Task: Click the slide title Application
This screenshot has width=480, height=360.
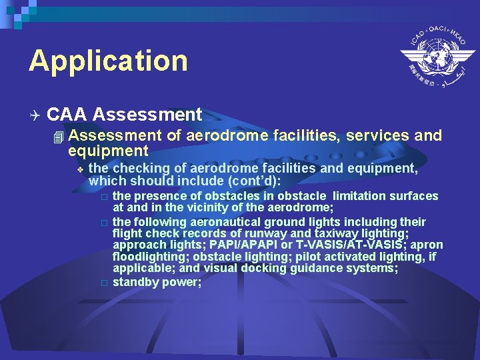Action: [x=108, y=61]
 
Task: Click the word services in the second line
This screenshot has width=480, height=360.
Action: [x=376, y=136]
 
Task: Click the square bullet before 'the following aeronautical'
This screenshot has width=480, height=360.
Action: [x=103, y=221]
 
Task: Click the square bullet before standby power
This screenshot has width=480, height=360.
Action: [x=103, y=283]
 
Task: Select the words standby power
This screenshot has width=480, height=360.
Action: [x=157, y=282]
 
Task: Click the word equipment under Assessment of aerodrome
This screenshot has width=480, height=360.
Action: [x=108, y=152]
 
